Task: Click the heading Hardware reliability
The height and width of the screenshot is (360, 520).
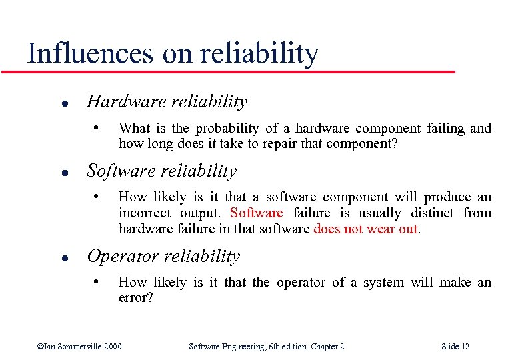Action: [x=167, y=102]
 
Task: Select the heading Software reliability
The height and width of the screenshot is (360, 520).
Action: [x=161, y=171]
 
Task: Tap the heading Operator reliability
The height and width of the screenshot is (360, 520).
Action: [x=163, y=257]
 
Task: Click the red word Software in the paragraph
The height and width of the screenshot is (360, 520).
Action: [x=256, y=213]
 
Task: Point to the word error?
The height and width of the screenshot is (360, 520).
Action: [x=135, y=298]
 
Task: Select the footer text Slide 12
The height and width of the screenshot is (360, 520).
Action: [x=455, y=346]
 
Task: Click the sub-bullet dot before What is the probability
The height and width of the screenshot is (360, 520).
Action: [x=97, y=127]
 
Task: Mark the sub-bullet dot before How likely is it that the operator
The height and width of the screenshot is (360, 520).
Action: [x=97, y=282]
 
